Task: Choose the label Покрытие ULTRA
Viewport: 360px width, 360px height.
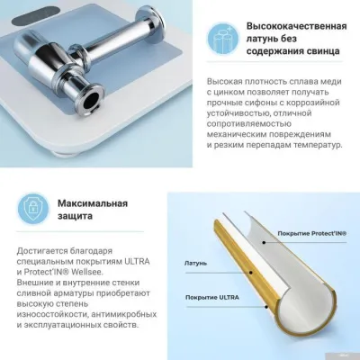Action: click(x=212, y=297)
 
